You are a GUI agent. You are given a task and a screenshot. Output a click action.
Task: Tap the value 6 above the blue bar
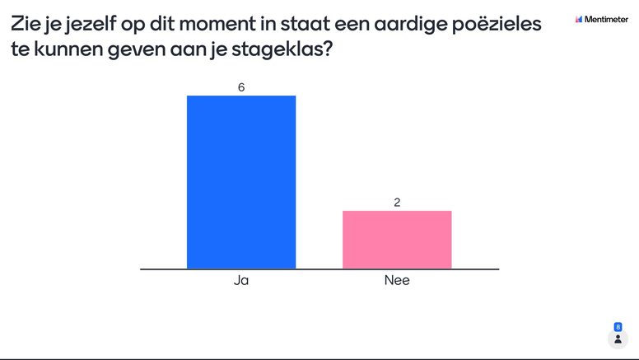(x=241, y=86)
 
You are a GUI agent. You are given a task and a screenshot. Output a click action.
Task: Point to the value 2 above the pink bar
(x=397, y=202)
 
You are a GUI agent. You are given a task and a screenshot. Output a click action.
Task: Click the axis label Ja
(x=241, y=281)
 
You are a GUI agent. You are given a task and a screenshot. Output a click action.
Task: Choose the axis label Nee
(x=397, y=281)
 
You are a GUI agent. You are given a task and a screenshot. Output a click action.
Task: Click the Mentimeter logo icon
(x=579, y=18)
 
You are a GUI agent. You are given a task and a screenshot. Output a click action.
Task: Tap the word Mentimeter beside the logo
(x=608, y=18)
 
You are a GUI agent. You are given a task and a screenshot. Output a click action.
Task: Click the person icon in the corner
(x=618, y=339)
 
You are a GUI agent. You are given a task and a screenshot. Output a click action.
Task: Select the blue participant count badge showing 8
(x=618, y=326)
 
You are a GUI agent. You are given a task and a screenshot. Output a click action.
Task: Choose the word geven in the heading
(x=128, y=49)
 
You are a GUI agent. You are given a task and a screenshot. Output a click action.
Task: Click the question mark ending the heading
(x=328, y=49)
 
